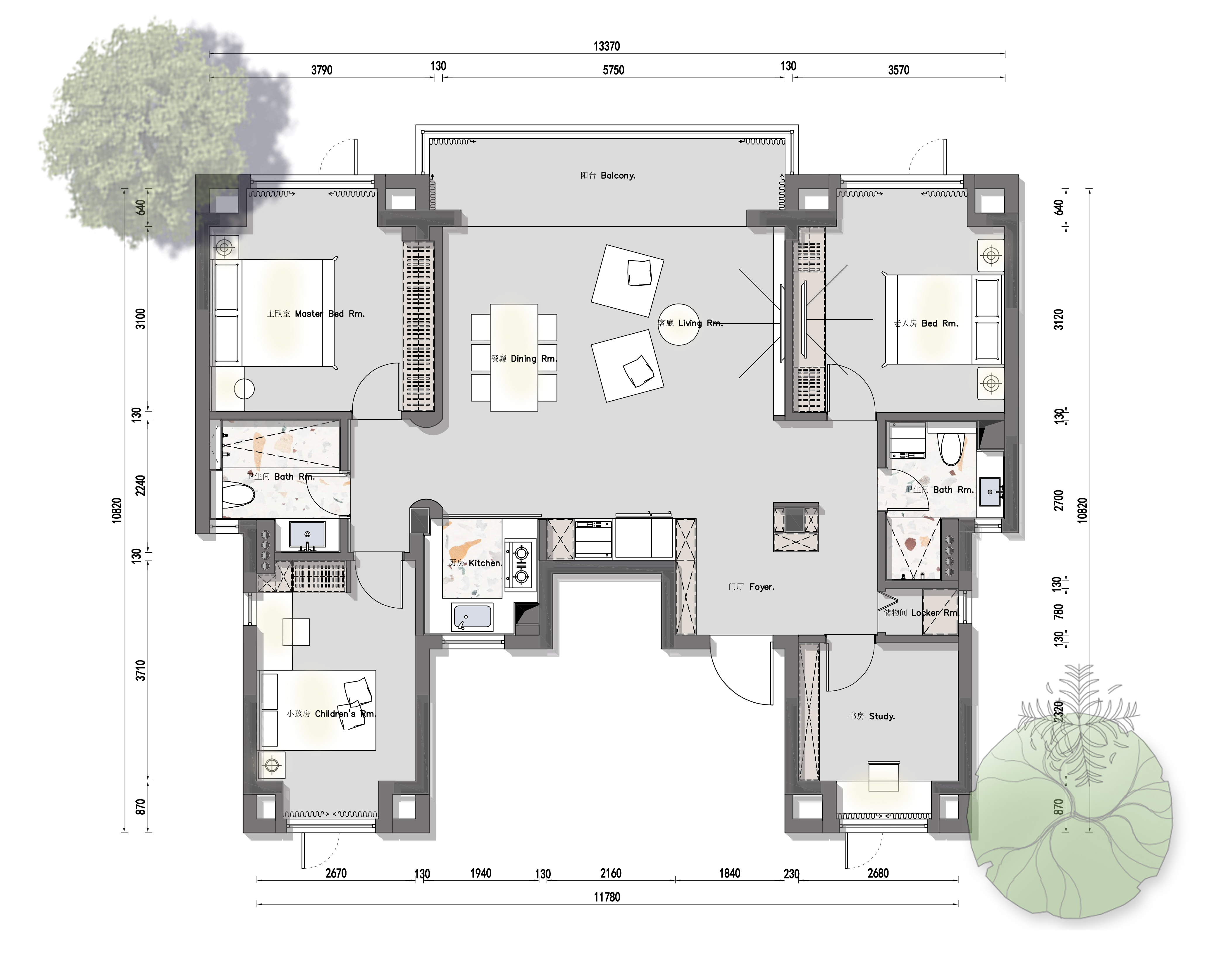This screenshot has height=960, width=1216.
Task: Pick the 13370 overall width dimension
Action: coord(607,46)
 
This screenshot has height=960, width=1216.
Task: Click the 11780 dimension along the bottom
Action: coord(607,897)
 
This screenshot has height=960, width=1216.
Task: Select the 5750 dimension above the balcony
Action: coord(613,70)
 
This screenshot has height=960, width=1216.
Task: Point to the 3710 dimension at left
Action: coord(140,671)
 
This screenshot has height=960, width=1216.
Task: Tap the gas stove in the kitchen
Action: coord(521,564)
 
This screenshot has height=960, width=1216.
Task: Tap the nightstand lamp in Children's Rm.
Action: coord(272,765)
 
